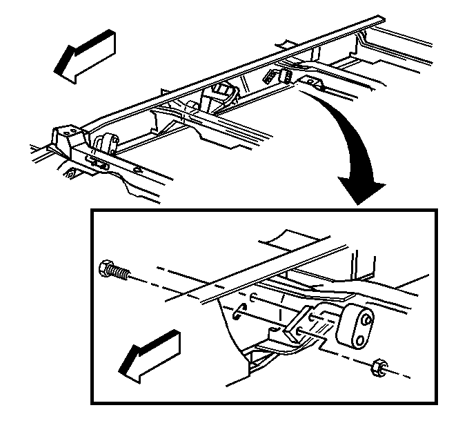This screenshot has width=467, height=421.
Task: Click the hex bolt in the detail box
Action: click(x=115, y=271)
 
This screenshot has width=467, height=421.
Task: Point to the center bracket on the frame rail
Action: click(x=223, y=92)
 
